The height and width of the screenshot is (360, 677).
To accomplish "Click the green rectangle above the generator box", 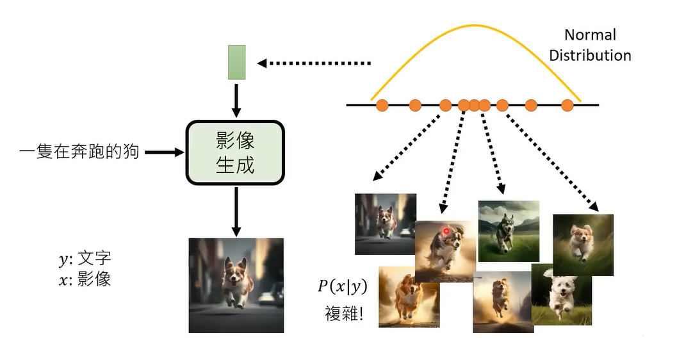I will [237, 62].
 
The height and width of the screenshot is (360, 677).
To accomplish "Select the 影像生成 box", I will [235, 152].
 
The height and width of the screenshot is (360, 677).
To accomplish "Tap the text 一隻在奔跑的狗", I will [79, 152].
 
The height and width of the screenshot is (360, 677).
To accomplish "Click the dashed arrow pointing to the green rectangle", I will [314, 63].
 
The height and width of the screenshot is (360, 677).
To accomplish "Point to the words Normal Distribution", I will [590, 45].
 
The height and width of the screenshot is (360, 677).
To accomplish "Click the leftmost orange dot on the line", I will [382, 105].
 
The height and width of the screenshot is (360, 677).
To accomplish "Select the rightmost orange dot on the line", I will [567, 105].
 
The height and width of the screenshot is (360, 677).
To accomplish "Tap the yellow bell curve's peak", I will [475, 26].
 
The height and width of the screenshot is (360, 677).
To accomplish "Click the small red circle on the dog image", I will [446, 231].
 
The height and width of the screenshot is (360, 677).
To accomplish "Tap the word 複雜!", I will [344, 315].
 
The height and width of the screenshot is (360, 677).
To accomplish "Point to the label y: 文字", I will [85, 259].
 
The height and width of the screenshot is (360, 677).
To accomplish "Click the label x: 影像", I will [85, 279].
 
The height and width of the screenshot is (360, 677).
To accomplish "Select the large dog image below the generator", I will [236, 285].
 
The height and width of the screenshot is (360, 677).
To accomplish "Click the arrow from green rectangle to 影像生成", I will [237, 99].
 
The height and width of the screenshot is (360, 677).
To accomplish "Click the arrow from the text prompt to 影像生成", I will [164, 152].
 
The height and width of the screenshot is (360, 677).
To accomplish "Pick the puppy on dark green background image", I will [583, 245].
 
